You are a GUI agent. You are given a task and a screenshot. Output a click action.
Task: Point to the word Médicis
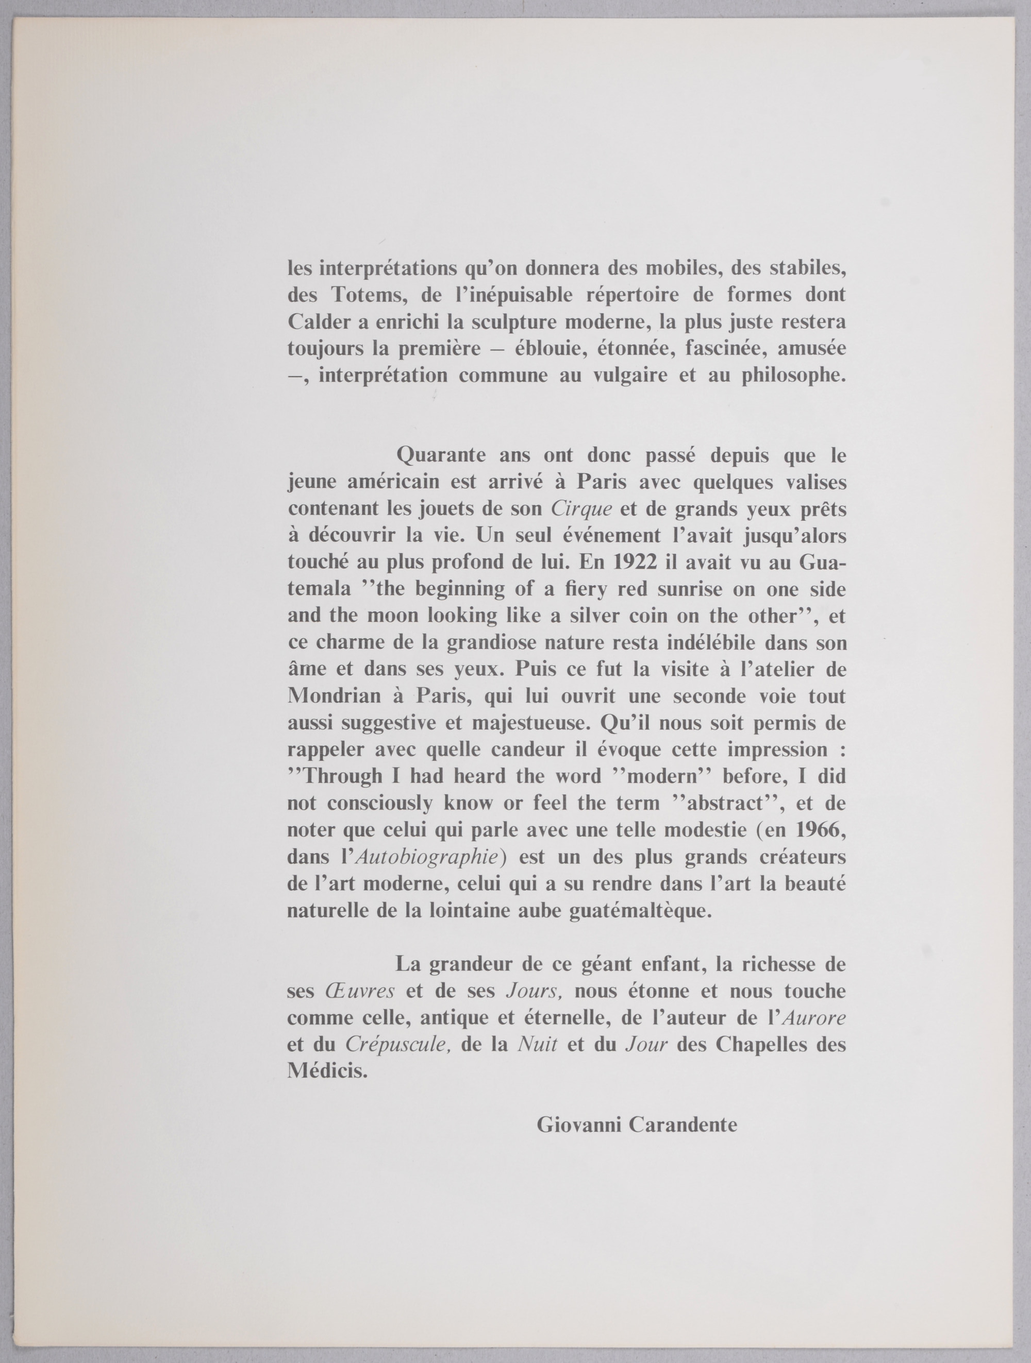327,1071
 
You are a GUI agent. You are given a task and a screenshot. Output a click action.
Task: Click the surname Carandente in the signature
683,1125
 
